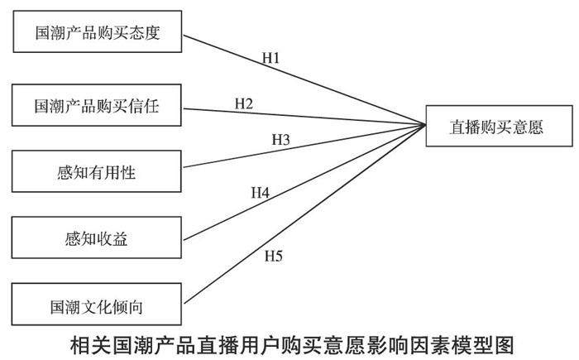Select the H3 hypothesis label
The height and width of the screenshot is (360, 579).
point(280,138)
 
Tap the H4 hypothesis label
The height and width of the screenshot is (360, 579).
point(261,192)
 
